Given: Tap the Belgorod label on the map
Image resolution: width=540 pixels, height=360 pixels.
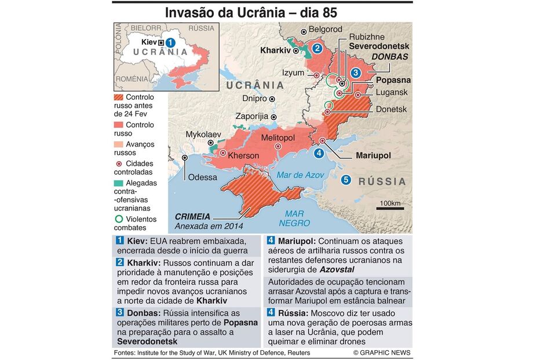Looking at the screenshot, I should pos(325,29).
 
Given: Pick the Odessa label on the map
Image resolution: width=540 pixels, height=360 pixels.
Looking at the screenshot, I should pos(202,177).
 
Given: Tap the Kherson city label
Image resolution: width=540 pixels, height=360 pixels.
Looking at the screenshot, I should pos(244,155).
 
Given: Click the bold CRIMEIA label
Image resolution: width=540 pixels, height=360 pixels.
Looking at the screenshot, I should pos(192,216).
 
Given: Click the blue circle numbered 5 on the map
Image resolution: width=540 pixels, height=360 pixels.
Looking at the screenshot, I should pos(346,180).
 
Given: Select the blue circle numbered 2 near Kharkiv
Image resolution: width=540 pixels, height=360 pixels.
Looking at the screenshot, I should pos(317,49).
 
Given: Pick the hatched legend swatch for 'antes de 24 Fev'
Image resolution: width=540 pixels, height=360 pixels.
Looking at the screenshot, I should pos(118,97).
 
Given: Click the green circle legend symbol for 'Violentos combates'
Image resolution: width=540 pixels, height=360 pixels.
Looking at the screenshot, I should pos(119,219).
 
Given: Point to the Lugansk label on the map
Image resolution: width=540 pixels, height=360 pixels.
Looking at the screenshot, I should pos(392,92).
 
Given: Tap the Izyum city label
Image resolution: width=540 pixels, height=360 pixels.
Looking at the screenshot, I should pos(293,73).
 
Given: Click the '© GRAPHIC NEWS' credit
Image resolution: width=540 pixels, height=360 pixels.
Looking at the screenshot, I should pos(381,352).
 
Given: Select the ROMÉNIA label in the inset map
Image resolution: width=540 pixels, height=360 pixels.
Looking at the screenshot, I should pos(132,78).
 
